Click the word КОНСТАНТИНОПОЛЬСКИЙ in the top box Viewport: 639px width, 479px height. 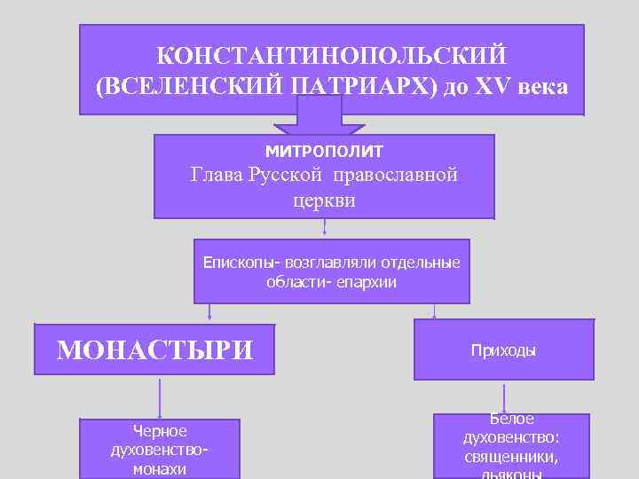pos(331,56)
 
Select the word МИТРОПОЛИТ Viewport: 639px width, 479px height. pos(324,152)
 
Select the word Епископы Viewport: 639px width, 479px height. pos(237,263)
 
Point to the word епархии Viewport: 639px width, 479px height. pos(367,282)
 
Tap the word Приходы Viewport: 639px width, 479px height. pos(503,350)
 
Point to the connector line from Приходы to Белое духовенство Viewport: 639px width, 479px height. pos(504,397)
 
